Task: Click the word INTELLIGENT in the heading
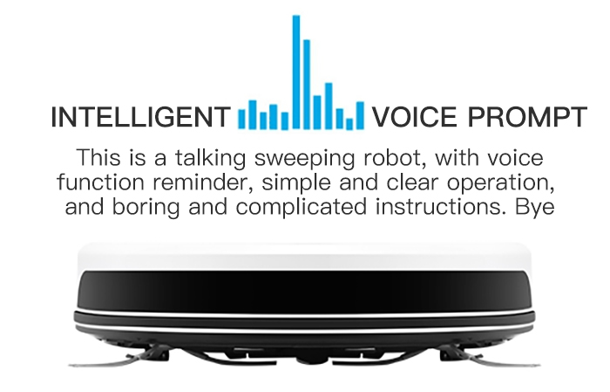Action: point(140,117)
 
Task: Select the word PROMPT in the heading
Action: point(527,117)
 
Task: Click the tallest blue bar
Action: point(296,72)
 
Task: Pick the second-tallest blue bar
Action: point(307,84)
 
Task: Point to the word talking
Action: point(211,159)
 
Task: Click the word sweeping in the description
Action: point(305,159)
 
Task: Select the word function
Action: point(100,182)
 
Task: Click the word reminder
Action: point(203,182)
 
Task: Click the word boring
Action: point(146,207)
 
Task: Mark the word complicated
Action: point(301,207)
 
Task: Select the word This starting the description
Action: point(98,157)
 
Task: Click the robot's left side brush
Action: point(117,360)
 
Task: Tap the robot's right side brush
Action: point(491,360)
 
